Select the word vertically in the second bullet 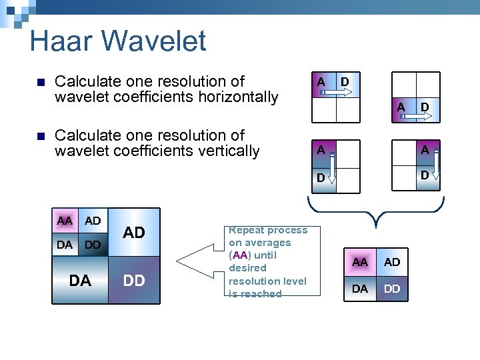225,151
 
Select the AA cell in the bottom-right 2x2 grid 360,262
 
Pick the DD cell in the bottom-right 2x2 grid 392,289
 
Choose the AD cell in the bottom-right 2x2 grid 392,262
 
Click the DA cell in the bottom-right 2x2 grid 360,289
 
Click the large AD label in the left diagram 134,233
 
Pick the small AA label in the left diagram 65,221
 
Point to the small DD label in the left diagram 93,245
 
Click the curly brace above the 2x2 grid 378,207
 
